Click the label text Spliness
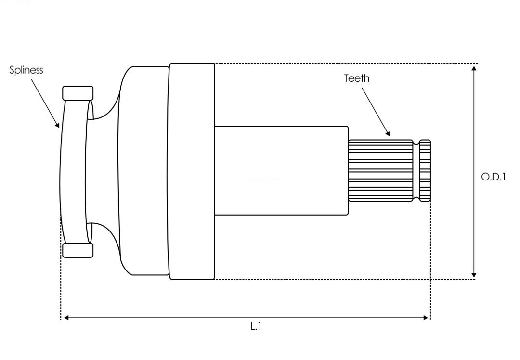(26, 70)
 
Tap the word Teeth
(356, 78)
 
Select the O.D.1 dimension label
(493, 177)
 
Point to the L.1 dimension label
(256, 326)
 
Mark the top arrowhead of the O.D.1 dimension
(474, 68)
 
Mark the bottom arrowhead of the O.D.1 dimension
(474, 275)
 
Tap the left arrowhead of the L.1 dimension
(66, 318)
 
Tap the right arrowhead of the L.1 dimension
(426, 318)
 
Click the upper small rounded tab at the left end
(78, 93)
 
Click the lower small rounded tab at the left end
(78, 250)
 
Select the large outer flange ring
(191, 171)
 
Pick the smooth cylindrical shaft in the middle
(281, 170)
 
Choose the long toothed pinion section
(380, 170)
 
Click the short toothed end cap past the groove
(425, 170)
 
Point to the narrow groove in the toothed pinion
(416, 170)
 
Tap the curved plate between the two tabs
(74, 171)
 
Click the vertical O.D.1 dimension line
(474, 172)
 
